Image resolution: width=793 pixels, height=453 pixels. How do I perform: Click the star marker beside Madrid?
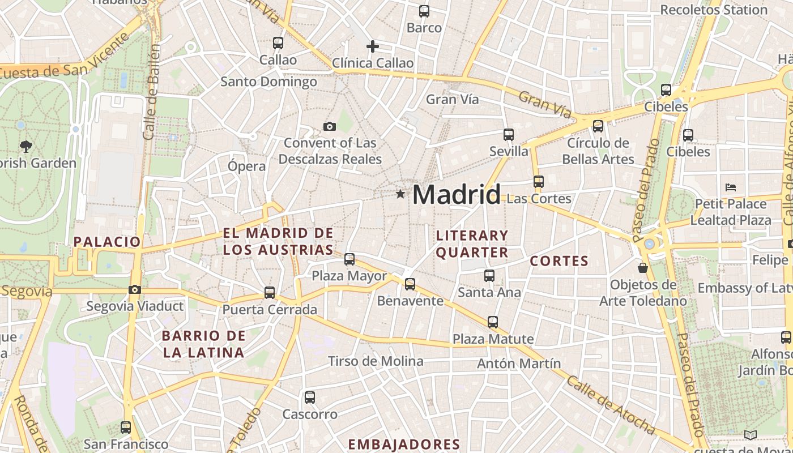point(400,194)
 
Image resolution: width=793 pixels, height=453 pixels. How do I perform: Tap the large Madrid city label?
point(457,194)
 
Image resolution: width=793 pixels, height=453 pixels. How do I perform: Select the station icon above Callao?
point(278,42)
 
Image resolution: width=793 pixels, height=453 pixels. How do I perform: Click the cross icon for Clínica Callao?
point(372,46)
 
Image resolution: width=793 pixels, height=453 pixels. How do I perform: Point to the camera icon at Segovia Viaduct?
point(134,289)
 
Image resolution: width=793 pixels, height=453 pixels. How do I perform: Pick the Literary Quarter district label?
point(472,243)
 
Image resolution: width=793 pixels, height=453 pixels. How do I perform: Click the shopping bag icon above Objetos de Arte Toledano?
point(643,267)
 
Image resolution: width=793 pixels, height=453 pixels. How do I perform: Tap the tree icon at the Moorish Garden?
point(25,147)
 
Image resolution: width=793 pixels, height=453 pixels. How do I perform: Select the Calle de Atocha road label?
point(611,405)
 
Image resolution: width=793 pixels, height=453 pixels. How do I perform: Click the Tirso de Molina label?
point(376,361)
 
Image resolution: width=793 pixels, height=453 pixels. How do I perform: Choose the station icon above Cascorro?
point(309,397)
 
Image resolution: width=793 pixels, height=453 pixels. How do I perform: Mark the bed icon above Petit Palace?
point(731,187)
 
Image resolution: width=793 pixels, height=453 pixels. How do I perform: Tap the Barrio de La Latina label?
point(204,344)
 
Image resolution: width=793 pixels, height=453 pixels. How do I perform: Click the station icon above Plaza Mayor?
point(349,259)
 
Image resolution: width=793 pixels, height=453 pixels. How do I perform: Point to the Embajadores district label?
point(404,444)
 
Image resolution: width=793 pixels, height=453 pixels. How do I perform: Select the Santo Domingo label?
point(268,82)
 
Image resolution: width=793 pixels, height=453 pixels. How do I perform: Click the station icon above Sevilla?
point(509,135)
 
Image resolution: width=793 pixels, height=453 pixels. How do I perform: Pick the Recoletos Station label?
point(714,10)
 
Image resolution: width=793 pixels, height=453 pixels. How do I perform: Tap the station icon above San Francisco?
point(126,427)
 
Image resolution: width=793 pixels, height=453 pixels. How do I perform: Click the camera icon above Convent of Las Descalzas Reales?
point(329,126)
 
